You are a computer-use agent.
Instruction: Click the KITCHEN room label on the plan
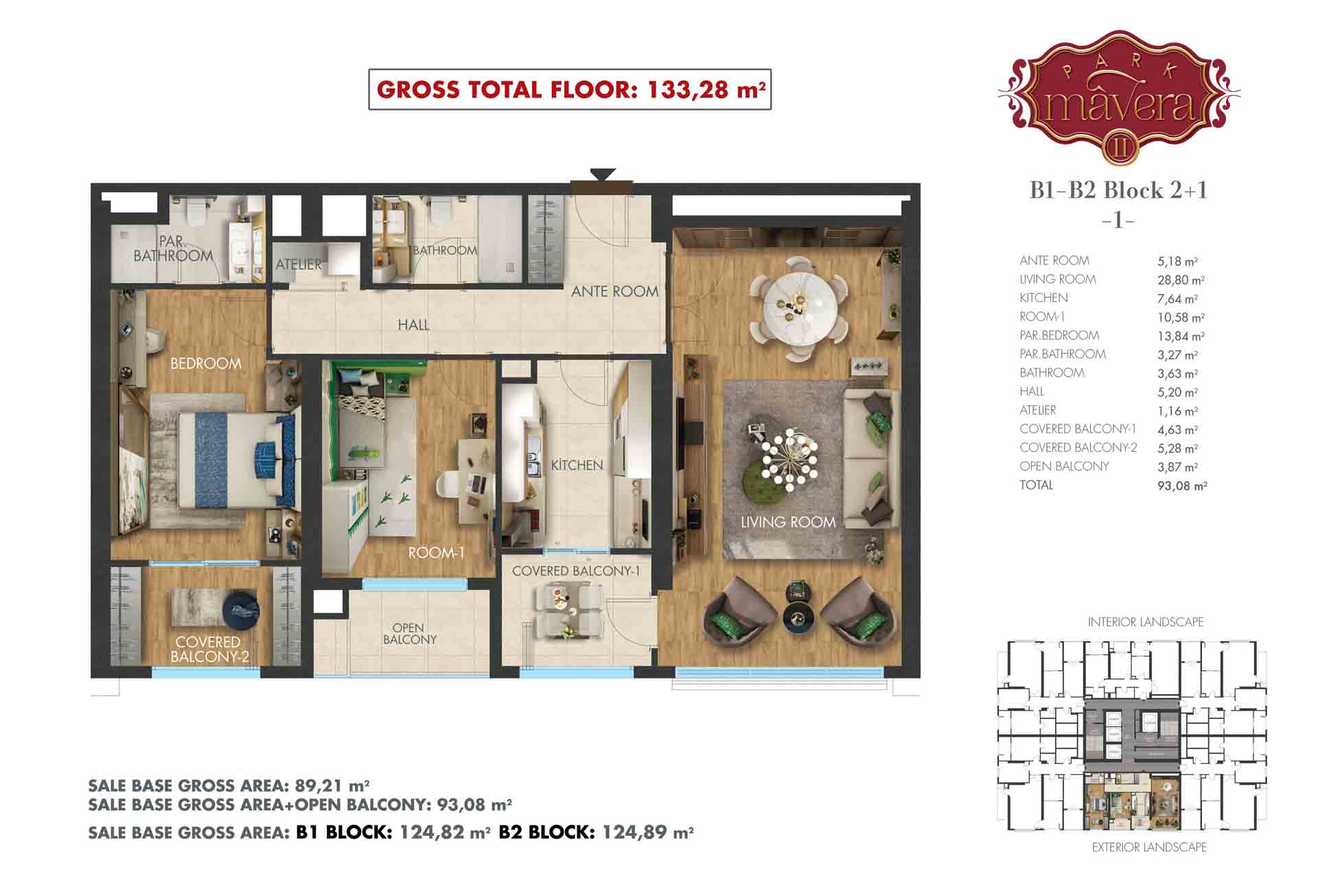click(x=577, y=465)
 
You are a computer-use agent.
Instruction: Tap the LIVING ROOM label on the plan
click(x=788, y=522)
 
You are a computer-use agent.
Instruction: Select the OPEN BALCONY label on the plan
click(x=409, y=633)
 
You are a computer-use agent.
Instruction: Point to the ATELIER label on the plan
click(x=298, y=264)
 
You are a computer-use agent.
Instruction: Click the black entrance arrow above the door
click(x=603, y=174)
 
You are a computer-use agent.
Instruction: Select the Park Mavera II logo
click(x=1119, y=98)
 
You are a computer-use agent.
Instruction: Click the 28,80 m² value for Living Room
click(x=1181, y=280)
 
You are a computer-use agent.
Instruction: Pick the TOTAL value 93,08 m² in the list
click(x=1182, y=486)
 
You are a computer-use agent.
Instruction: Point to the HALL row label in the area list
click(x=1032, y=391)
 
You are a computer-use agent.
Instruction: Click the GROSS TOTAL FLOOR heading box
click(x=570, y=89)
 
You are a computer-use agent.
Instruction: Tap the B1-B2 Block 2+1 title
click(x=1118, y=190)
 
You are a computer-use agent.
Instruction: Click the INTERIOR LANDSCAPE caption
click(x=1145, y=622)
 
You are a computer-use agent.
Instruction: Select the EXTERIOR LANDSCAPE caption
click(x=1149, y=847)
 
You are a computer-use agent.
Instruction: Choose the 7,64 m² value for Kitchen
click(x=1178, y=299)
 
